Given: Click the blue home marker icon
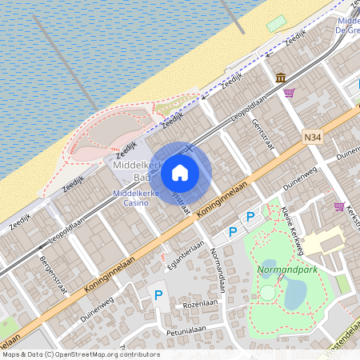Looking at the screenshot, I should point(180,172).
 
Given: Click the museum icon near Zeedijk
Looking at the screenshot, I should point(281,78).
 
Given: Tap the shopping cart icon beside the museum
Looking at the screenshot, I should point(289,93).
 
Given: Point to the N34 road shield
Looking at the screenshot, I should point(314,138).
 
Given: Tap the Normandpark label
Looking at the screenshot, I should point(287,270).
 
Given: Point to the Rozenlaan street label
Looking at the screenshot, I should point(200,305).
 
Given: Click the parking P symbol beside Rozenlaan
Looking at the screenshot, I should point(158,296).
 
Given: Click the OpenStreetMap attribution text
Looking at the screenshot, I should point(81,354).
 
